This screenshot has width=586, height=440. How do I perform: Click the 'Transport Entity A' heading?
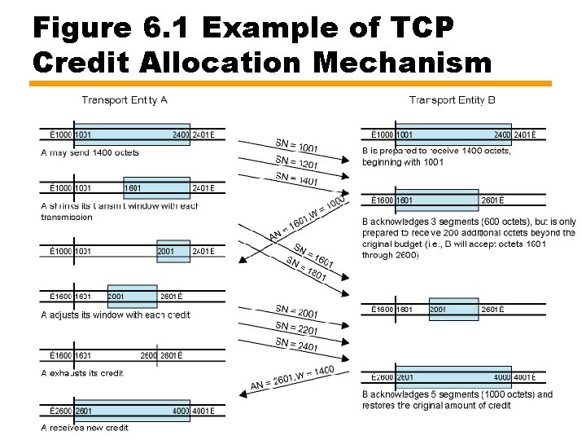click(x=125, y=100)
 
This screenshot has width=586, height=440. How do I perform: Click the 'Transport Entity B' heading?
click(x=453, y=100)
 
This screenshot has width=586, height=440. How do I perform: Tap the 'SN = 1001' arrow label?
click(x=296, y=146)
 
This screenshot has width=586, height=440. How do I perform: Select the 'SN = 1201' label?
click(x=296, y=163)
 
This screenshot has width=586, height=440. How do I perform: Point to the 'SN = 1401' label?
click(x=296, y=180)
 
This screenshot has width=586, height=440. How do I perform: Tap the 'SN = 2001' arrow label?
click(x=296, y=312)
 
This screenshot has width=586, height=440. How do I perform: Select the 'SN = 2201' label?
click(x=296, y=329)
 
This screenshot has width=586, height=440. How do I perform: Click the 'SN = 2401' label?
click(x=296, y=345)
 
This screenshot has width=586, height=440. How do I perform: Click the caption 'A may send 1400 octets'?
click(x=90, y=152)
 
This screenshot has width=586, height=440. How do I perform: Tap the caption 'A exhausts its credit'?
click(x=83, y=372)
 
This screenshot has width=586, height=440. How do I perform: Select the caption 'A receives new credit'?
click(x=84, y=428)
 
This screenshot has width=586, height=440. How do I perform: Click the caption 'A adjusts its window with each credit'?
click(x=116, y=315)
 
